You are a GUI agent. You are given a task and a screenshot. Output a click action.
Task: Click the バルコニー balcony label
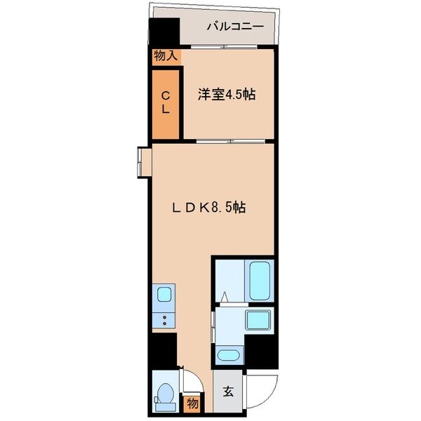point(234,27)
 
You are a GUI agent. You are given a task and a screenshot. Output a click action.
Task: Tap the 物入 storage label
point(165,56)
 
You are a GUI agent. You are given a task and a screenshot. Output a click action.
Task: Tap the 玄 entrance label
point(227,394)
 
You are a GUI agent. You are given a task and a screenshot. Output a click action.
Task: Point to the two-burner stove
point(163,321)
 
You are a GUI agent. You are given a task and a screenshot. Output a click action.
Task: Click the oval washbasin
point(229,354)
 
